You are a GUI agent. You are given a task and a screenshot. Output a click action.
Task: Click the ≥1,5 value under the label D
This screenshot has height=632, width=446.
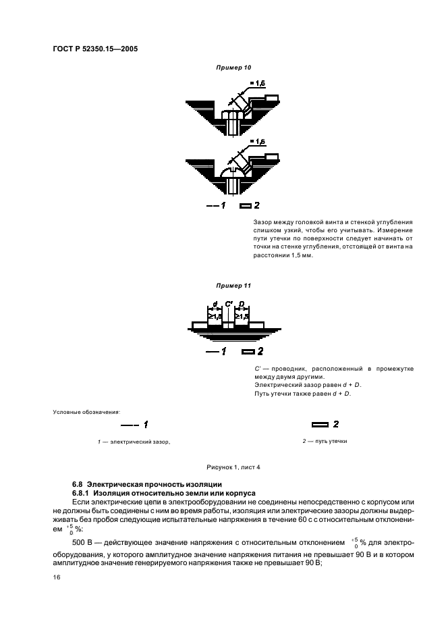[x=243, y=315]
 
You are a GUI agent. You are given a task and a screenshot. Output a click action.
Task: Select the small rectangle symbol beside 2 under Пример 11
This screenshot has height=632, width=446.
[x=248, y=351]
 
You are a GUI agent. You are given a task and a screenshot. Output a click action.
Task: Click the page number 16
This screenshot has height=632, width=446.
[x=57, y=578]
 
